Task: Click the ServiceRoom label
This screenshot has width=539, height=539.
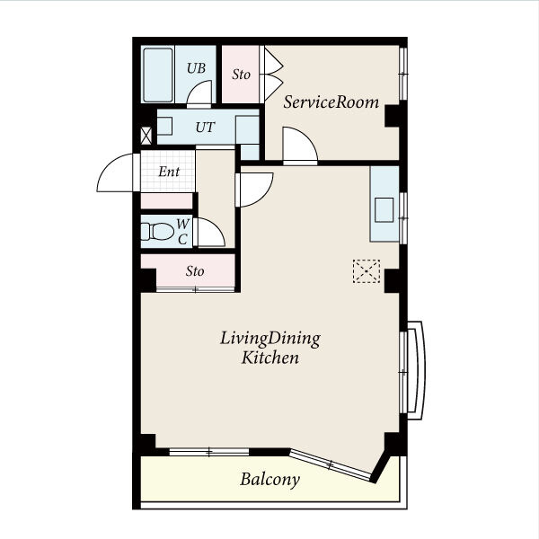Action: [x=331, y=102]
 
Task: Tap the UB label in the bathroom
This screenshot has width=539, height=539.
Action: [x=196, y=68]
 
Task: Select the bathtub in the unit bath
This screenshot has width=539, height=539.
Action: [x=158, y=75]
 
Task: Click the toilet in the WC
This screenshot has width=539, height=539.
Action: [x=157, y=232]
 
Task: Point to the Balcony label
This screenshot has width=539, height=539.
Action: [x=269, y=479]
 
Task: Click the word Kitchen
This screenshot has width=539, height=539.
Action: [x=269, y=358]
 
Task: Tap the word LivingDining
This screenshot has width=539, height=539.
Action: [x=270, y=339]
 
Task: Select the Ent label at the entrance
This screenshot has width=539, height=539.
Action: [x=169, y=172]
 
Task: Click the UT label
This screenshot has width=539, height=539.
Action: [x=205, y=128]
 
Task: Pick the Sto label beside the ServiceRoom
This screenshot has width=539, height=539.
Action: [x=241, y=75]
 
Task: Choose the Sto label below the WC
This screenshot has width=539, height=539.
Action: [x=195, y=271]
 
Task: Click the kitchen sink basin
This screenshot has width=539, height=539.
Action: [x=384, y=209]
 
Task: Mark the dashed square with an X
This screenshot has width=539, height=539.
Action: [x=367, y=271]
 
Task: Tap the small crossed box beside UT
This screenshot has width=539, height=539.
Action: [x=146, y=136]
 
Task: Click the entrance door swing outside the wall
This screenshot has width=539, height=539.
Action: [x=116, y=172]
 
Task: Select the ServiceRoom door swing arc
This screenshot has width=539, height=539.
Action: [x=299, y=144]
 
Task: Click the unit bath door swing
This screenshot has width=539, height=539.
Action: [x=199, y=93]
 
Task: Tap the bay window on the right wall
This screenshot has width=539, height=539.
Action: [x=414, y=370]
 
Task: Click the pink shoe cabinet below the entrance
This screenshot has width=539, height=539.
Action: [x=166, y=200]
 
